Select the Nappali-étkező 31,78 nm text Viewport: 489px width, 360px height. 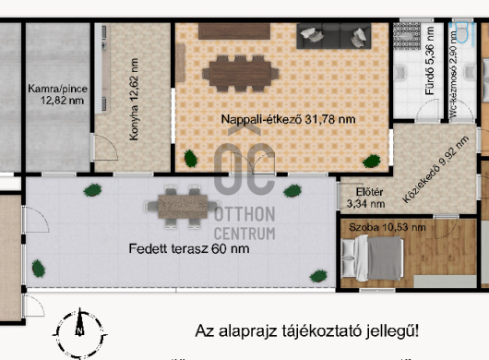[x=276, y=119]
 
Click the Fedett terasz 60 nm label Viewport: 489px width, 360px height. [x=176, y=249]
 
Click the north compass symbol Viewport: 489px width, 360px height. [x=80, y=328]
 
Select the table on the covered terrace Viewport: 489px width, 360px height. [x=182, y=208]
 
